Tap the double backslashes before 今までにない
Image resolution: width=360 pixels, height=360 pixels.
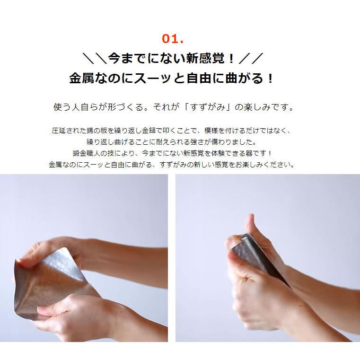tap(94, 59)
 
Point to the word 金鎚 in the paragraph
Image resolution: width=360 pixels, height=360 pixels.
tap(166, 130)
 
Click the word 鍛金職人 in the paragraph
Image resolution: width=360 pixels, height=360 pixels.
tap(84, 153)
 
